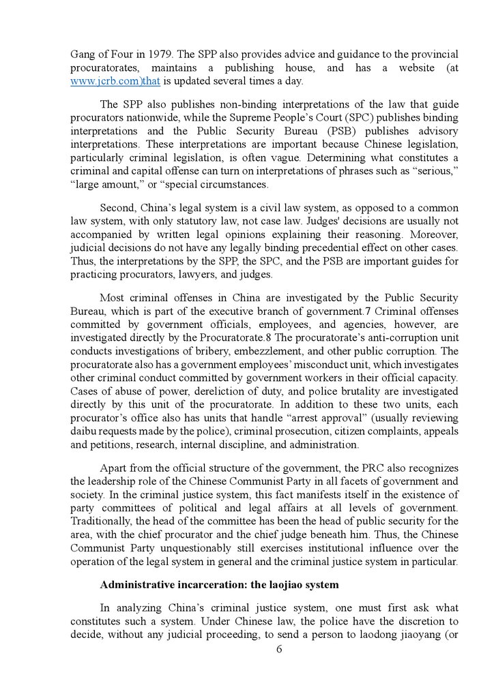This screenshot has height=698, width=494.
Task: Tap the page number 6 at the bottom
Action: pos(279,649)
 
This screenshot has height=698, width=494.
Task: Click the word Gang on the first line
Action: pos(84,54)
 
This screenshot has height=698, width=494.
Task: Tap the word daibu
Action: pos(84,431)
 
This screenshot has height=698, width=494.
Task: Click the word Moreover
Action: pos(434,234)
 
